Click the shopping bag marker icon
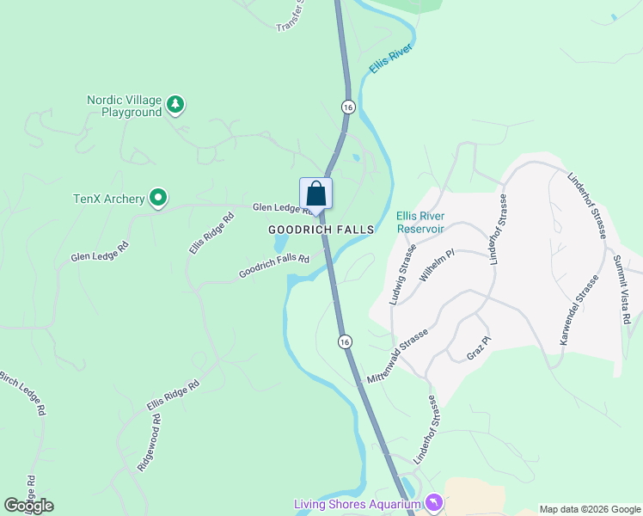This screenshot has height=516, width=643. [x=315, y=193]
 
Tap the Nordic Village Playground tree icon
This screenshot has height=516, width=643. [x=175, y=104]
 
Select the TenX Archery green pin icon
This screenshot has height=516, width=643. [x=158, y=199]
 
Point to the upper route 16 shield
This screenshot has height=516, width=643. [x=347, y=107]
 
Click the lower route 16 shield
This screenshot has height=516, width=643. [x=344, y=341]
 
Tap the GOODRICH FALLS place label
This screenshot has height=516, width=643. [x=321, y=230]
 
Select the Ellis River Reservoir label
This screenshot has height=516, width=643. [x=420, y=223]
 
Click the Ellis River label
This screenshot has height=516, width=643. [x=391, y=60]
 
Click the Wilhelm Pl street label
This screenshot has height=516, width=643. [x=436, y=267]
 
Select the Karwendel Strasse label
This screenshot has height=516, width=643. [x=579, y=310]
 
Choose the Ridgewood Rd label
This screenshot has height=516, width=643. [x=149, y=443]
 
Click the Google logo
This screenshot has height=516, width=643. [x=28, y=506]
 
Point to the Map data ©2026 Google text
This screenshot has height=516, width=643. [x=589, y=508]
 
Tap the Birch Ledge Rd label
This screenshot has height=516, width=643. [x=22, y=393]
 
